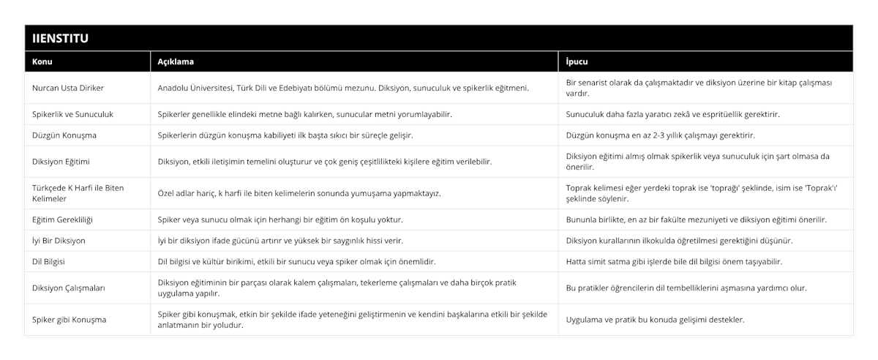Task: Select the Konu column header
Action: click(42, 61)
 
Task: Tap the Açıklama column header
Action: click(176, 61)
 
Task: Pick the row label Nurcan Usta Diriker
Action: click(68, 88)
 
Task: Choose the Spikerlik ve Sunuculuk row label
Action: click(72, 114)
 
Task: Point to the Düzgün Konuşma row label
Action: click(64, 135)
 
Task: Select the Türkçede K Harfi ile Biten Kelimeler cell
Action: click(73, 193)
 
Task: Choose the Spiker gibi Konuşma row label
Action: click(70, 320)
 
